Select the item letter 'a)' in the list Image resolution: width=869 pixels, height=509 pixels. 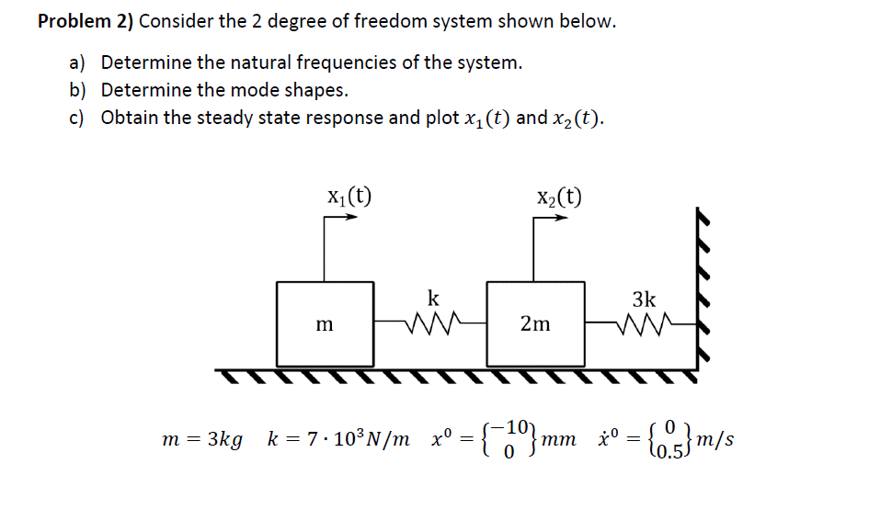[x=77, y=63]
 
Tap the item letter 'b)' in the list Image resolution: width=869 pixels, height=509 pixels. [x=77, y=90]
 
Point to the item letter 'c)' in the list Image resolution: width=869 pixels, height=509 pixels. [x=77, y=119]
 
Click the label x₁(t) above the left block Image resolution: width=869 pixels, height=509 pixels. [x=349, y=195]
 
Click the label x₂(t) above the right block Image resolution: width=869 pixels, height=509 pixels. [x=558, y=195]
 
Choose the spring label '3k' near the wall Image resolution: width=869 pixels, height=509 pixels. [x=644, y=299]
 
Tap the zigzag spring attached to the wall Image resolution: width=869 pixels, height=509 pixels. [x=641, y=323]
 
